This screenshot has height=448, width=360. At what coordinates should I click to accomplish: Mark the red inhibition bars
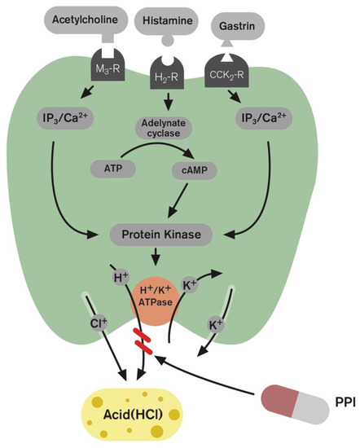(x=143, y=342)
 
